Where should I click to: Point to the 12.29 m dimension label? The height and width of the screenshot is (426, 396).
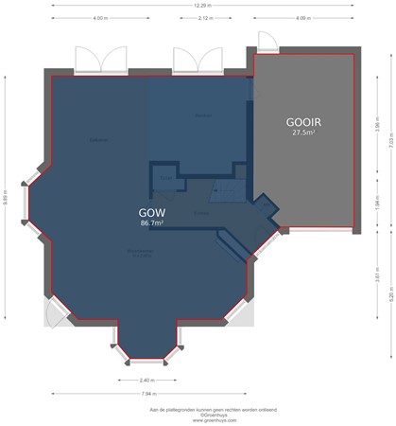(198, 6)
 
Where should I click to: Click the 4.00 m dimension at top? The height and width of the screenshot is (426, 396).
(99, 19)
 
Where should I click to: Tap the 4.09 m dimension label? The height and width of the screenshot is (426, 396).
(301, 19)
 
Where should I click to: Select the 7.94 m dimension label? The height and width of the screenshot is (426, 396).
(147, 394)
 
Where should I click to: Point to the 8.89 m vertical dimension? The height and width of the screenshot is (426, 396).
(6, 199)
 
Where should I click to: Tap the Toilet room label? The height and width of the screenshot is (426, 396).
(165, 177)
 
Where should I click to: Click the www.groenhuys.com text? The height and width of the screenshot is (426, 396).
(198, 418)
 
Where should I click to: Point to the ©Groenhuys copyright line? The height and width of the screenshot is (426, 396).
(198, 414)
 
